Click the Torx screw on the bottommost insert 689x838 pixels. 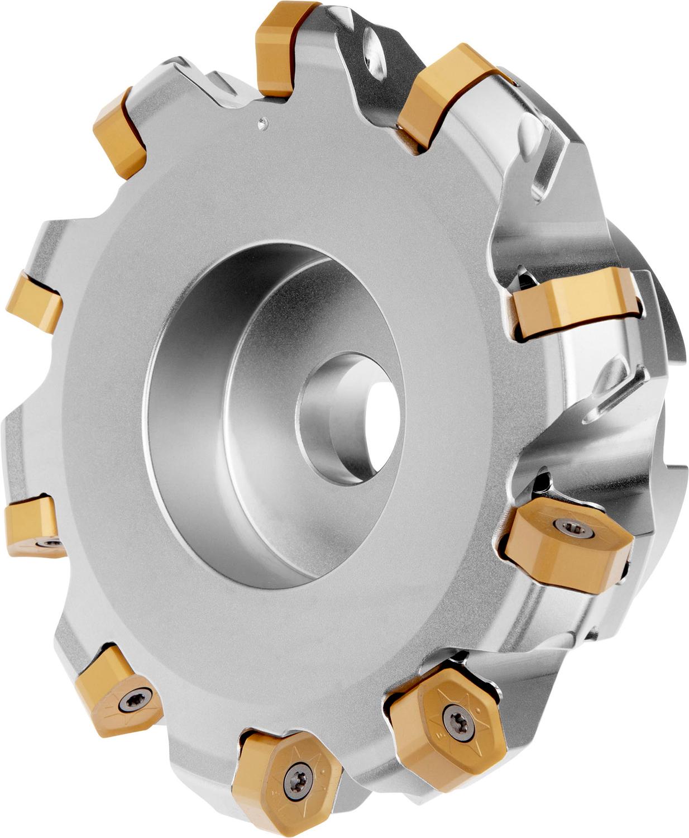[294, 782]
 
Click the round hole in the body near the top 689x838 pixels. [373, 56]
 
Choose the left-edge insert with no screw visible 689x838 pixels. [35, 302]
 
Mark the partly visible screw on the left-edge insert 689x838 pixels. [51, 542]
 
